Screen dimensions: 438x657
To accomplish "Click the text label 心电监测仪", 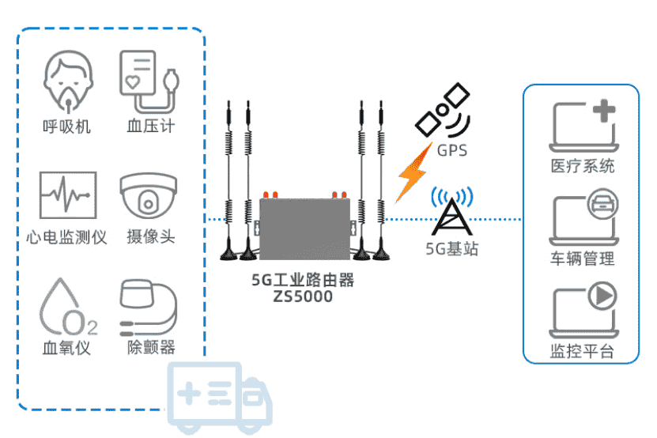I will coord(66,236).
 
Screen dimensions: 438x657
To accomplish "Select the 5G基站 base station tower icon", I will coord(451,213).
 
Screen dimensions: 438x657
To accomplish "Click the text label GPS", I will coord(451,150).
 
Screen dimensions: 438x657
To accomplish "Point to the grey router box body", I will coord(304,226).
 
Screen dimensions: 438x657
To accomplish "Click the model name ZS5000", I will coord(303,297).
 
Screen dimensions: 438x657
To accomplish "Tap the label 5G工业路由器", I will coord(303,280).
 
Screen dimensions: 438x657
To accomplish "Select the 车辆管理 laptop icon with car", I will coord(583,217).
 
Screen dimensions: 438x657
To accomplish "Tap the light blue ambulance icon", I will coord(217,398).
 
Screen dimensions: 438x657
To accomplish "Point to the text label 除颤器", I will coord(151,347).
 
